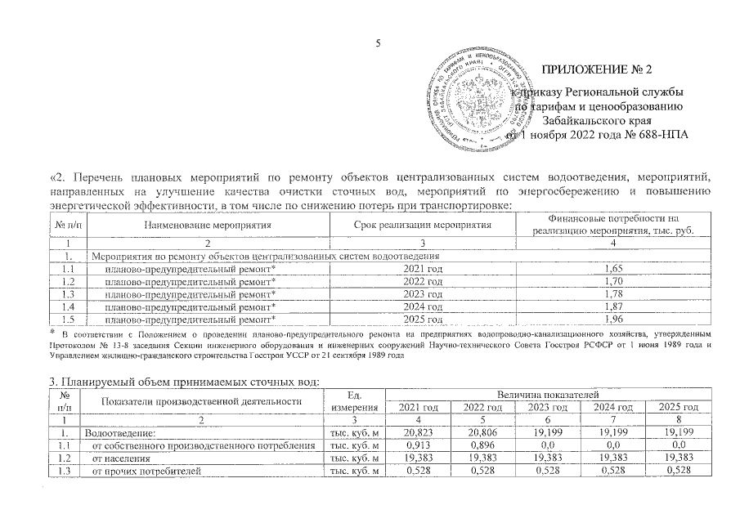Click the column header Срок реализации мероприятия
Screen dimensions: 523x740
[423, 224]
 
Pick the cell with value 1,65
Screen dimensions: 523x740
[606, 267]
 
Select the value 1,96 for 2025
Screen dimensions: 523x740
[606, 320]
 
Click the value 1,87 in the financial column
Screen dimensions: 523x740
[606, 306]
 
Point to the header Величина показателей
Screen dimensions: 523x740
[554, 394]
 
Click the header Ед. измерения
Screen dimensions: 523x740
[354, 400]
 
